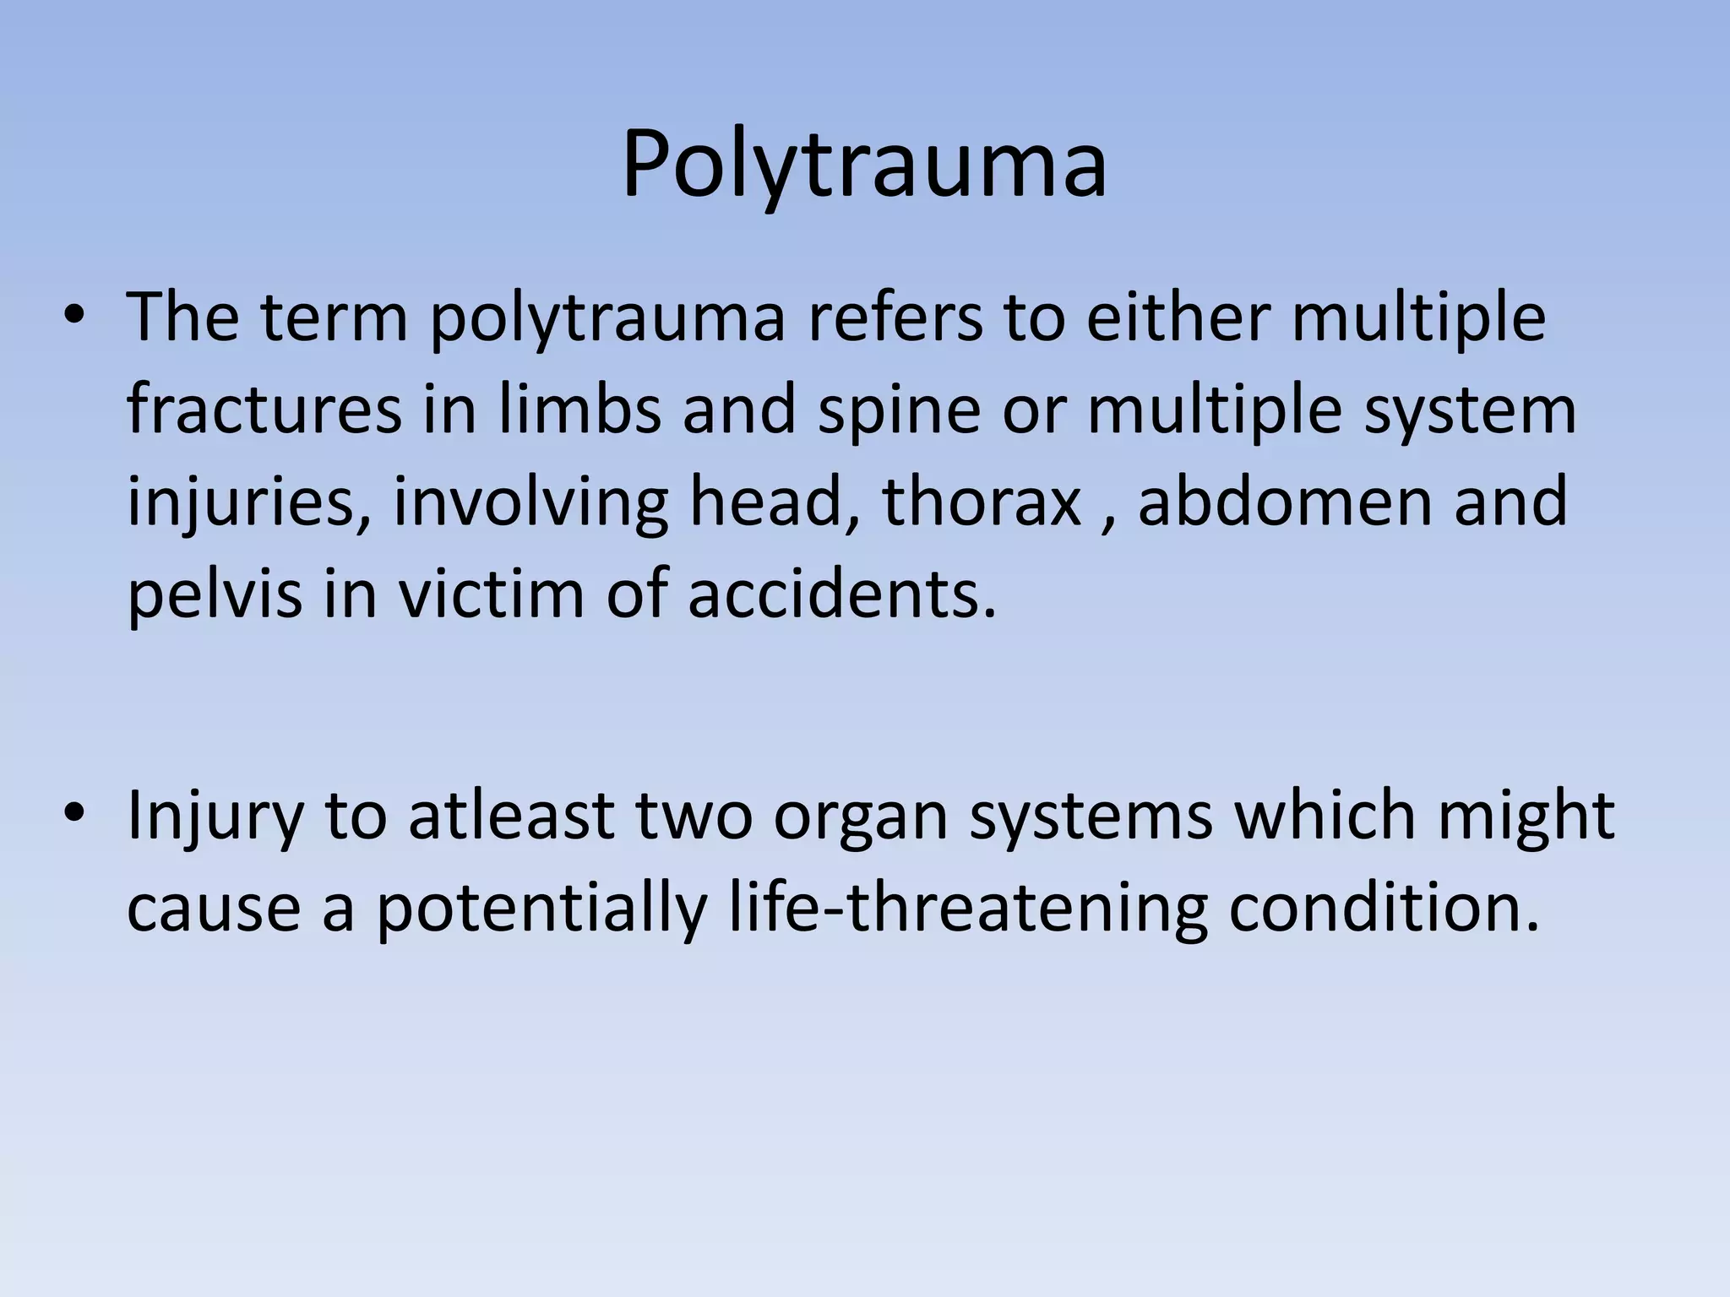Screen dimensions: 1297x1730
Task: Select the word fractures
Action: [264, 410]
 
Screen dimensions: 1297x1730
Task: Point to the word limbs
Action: [579, 410]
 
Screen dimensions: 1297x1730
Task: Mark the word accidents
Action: [841, 594]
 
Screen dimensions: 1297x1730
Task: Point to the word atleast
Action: [510, 816]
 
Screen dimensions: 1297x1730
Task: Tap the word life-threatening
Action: [968, 909]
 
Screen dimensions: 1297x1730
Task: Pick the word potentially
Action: [541, 909]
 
